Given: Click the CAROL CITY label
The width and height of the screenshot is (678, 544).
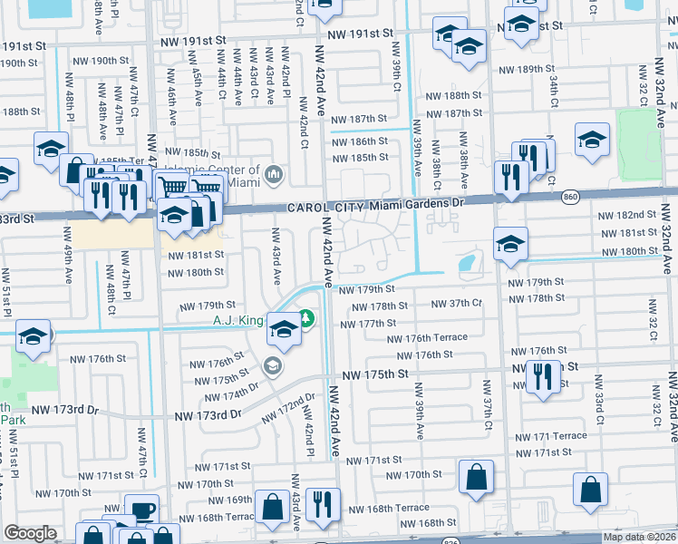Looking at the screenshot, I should click(x=321, y=208).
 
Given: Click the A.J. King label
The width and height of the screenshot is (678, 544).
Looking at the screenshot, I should click(x=237, y=320).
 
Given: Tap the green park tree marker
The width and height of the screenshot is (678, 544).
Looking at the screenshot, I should click(x=307, y=317).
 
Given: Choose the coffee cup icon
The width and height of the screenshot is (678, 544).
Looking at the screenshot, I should click(x=140, y=510).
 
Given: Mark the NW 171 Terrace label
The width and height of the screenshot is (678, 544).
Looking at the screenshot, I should click(x=551, y=436).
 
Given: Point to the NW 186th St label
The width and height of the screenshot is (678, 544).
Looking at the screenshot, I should click(x=358, y=142).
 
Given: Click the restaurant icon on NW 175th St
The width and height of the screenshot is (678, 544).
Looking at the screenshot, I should click(x=543, y=375).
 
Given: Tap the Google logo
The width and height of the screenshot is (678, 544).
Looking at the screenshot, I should click(x=30, y=533).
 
